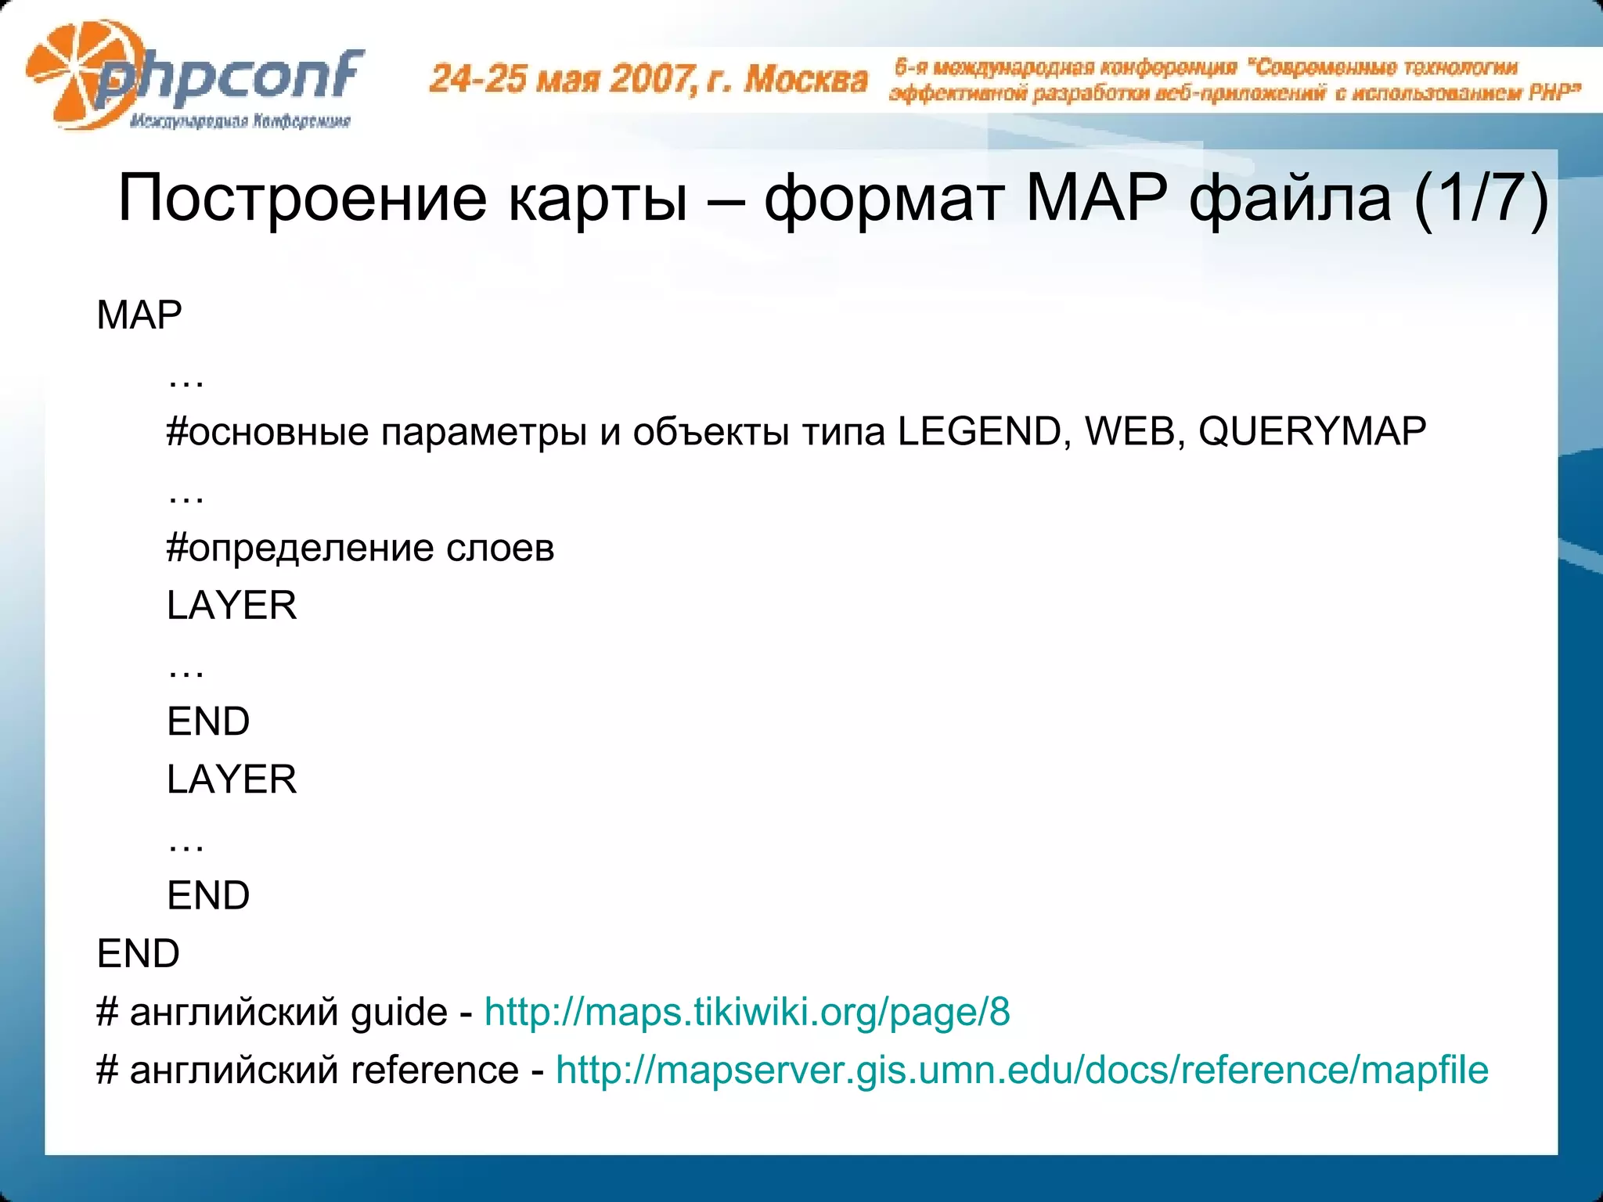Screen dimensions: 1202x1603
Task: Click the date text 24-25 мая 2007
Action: pyautogui.click(x=560, y=79)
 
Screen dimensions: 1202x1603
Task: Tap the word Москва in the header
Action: pyautogui.click(x=806, y=79)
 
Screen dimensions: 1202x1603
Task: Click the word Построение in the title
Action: pyautogui.click(x=302, y=199)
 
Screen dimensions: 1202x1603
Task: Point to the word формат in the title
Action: pyautogui.click(x=884, y=199)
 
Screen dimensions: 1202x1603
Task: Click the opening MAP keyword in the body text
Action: pyautogui.click(x=139, y=315)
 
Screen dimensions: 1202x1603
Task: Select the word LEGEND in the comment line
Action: pyautogui.click(x=978, y=431)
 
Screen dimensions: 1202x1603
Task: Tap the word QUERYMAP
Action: pyautogui.click(x=1312, y=431)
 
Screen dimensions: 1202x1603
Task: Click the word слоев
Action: pyautogui.click(x=500, y=548)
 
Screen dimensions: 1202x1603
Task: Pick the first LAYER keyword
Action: pyautogui.click(x=232, y=606)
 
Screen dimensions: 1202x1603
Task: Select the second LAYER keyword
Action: pyautogui.click(x=232, y=779)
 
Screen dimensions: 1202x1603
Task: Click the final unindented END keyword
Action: pyautogui.click(x=138, y=954)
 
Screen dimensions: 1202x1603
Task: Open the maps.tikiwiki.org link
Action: pyautogui.click(x=747, y=1012)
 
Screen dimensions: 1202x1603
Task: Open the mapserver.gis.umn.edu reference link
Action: pyautogui.click(x=1022, y=1070)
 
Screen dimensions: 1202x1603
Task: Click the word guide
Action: pyautogui.click(x=398, y=1012)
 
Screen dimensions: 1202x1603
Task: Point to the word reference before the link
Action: pyautogui.click(x=434, y=1070)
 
